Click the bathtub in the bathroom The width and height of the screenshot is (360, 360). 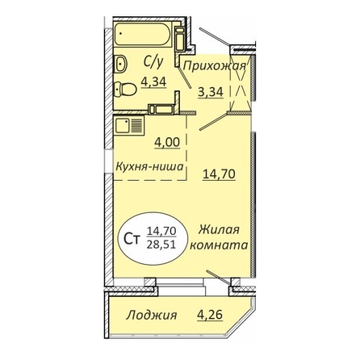pyautogui.click(x=143, y=35)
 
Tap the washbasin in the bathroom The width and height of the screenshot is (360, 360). pyautogui.click(x=121, y=64)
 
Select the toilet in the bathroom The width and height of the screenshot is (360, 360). pyautogui.click(x=125, y=89)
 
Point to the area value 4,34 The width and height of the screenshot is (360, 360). pyautogui.click(x=153, y=82)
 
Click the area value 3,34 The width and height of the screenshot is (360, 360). pyautogui.click(x=211, y=92)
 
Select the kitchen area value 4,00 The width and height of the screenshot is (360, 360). pyautogui.click(x=167, y=142)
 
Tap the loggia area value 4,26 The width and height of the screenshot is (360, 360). pyautogui.click(x=210, y=314)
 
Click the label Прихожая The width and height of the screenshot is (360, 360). pyautogui.click(x=214, y=65)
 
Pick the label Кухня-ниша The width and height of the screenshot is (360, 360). pyautogui.click(x=149, y=166)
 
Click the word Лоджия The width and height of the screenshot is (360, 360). pyautogui.click(x=152, y=315)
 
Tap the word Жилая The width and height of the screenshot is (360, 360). pyautogui.click(x=219, y=230)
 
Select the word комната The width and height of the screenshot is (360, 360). pyautogui.click(x=219, y=245)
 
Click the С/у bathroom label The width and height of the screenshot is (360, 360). pyautogui.click(x=153, y=63)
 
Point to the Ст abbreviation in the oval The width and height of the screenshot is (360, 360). pyautogui.click(x=132, y=239)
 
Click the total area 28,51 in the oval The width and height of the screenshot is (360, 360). pyautogui.click(x=161, y=245)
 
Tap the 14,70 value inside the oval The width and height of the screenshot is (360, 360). pyautogui.click(x=161, y=231)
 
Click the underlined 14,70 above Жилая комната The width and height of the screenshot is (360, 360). pyautogui.click(x=219, y=174)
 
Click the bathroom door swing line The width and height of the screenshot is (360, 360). pyautogui.click(x=185, y=77)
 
